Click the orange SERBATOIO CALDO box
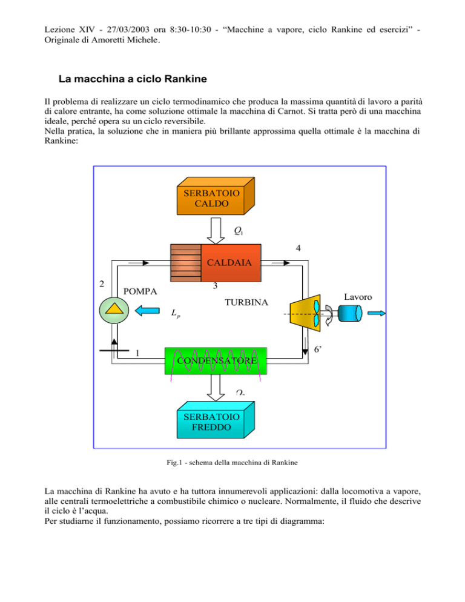pos(216,196)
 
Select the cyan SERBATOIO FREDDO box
pos(216,420)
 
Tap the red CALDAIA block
pos(231,263)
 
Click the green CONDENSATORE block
pos(216,361)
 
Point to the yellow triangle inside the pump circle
pos(114,309)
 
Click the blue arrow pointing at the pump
pos(148,311)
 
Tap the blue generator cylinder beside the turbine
pos(350,313)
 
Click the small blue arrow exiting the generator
pos(377,314)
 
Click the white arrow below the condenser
pos(216,388)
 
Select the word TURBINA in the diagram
pos(246,303)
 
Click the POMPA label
pos(140,291)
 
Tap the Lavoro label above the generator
pos(358,297)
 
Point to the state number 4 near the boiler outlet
pos(298,248)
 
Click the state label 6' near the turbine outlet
pos(317,349)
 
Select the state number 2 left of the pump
pos(102,283)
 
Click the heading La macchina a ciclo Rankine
pos(133,79)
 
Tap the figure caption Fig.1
pos(232,463)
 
